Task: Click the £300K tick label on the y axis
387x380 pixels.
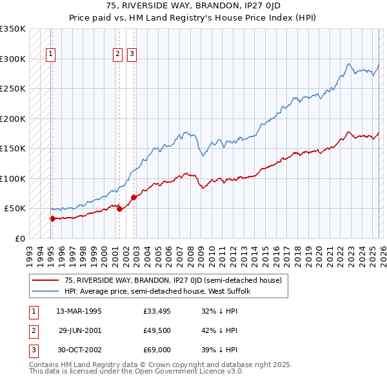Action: [x=13, y=59]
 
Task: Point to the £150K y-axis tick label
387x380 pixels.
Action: [x=13, y=148]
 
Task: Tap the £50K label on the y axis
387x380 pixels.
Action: [x=15, y=208]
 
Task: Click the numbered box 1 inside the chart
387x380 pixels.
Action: [x=51, y=55]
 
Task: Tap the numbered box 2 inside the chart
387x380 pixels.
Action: [x=118, y=55]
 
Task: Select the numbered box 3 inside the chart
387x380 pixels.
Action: [x=132, y=55]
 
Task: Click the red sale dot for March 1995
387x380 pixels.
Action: [x=52, y=218]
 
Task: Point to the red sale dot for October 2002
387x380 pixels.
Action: [x=134, y=197]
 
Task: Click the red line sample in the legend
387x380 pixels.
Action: [x=45, y=280]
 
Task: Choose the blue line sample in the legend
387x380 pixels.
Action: [x=45, y=291]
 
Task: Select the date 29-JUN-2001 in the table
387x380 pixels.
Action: [x=79, y=330]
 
